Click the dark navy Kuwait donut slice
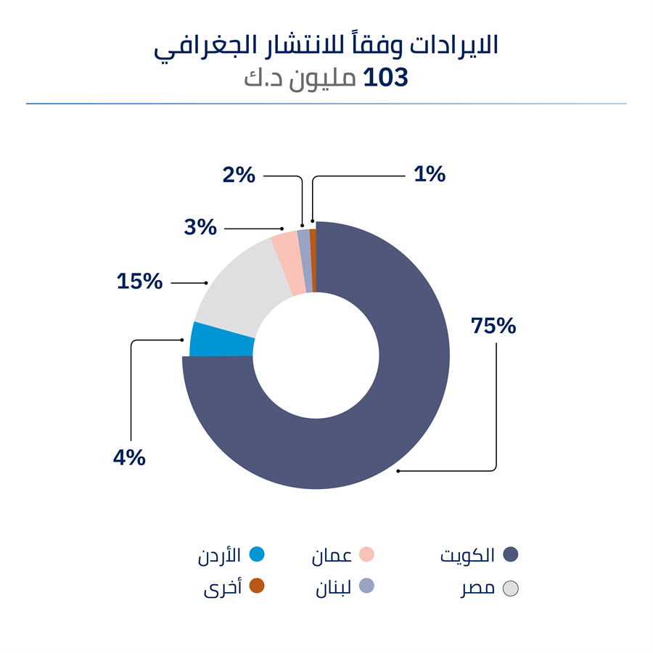click(406, 406)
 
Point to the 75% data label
click(493, 326)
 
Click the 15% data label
click(140, 282)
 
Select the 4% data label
click(129, 459)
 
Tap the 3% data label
click(201, 228)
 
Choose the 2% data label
click(239, 175)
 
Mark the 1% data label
click(430, 175)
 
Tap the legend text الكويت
click(468, 556)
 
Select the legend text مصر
click(477, 588)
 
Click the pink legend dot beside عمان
click(366, 554)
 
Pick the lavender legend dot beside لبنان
click(366, 586)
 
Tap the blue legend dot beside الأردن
click(256, 554)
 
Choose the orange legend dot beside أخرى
click(256, 586)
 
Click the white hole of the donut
click(316, 356)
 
